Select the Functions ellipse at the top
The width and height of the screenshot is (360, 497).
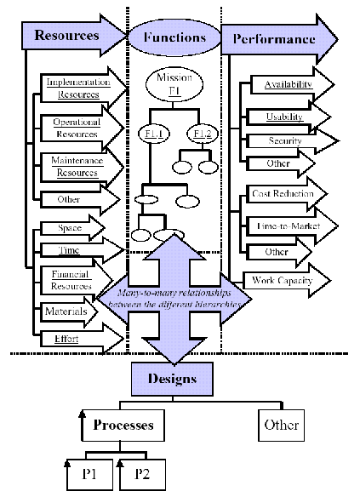pos(174,37)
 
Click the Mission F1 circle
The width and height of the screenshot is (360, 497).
pos(173,84)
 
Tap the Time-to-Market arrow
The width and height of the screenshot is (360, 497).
pos(285,226)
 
